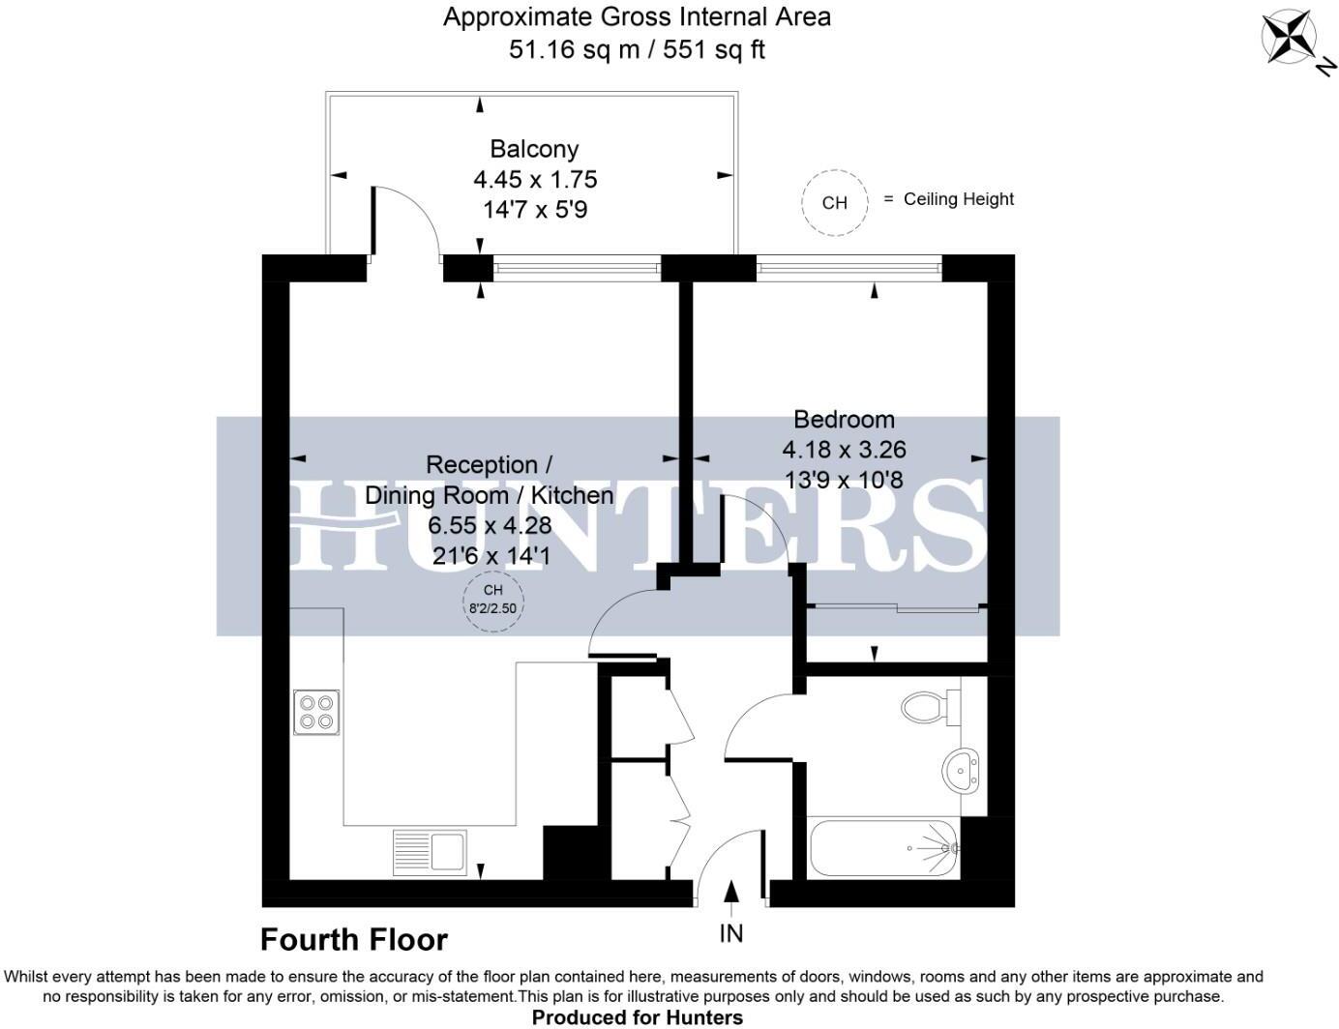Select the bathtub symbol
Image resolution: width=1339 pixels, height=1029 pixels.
coord(883,848)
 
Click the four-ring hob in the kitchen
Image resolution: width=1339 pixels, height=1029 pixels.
coord(316,712)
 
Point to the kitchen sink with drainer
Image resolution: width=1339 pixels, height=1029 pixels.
coord(430,852)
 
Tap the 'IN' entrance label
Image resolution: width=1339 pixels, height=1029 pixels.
coord(730,933)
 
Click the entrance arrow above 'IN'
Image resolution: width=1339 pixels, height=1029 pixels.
coord(731,895)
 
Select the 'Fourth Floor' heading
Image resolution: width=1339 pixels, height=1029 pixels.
coord(354,939)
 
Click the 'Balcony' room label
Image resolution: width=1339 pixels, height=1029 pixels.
coord(534,149)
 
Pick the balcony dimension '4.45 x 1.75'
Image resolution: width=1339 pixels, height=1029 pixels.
coord(534,179)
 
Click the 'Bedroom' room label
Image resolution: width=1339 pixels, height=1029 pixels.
coord(844,419)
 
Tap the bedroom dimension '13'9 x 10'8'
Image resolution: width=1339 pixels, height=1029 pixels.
coord(844,479)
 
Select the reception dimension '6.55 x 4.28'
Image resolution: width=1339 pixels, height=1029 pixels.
coord(490,525)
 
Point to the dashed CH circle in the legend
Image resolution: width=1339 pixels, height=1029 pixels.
coord(834,202)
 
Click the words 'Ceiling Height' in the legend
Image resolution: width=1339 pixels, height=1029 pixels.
coord(958,199)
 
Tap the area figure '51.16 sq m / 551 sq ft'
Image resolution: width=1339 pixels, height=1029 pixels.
coord(637,49)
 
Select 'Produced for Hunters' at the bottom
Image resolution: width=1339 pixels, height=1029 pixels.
coord(638,1016)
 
